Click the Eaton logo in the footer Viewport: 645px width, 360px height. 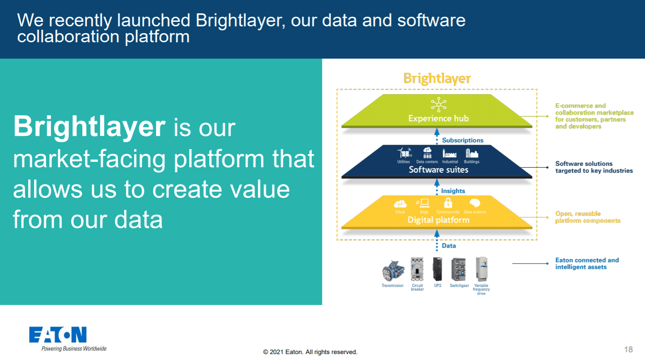point(58,335)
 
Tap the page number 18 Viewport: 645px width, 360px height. point(628,350)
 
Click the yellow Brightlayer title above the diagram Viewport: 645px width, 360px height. point(437,79)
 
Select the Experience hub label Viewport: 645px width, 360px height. point(438,119)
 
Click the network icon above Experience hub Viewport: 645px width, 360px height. point(438,104)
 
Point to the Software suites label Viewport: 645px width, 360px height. point(438,170)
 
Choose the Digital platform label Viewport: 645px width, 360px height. point(438,220)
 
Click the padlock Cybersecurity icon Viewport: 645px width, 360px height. point(448,203)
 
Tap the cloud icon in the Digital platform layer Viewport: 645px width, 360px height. point(400,204)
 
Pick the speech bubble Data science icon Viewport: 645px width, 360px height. point(475,203)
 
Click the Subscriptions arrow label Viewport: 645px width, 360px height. point(463,140)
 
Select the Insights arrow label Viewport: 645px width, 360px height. point(453,191)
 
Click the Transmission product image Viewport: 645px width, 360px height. point(392,271)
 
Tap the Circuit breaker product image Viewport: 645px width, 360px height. point(417,270)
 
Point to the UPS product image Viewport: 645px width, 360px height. point(437,270)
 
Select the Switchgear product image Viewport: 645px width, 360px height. point(459,270)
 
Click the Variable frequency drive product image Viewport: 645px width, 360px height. point(481,270)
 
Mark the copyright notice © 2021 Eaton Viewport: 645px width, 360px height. point(310,352)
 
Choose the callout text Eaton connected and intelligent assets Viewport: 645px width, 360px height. point(587,264)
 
